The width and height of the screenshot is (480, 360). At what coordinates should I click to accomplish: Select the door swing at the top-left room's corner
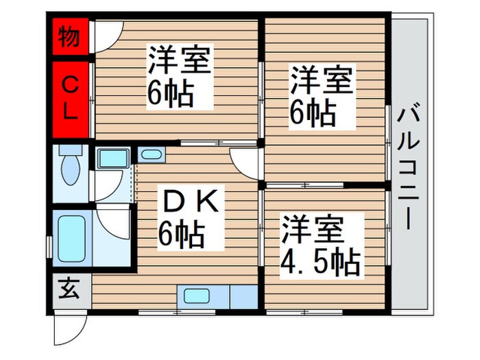point(108,34)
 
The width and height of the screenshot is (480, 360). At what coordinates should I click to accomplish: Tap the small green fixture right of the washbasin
point(149,154)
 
